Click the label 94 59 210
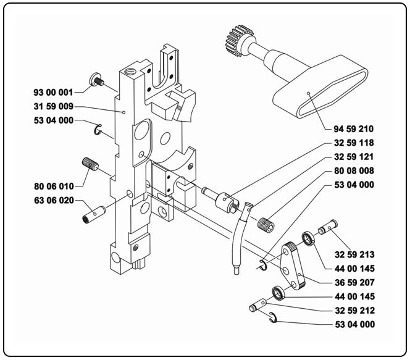(x=354, y=130)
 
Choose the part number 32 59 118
(x=354, y=143)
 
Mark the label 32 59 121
(x=354, y=157)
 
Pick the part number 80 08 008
(x=354, y=170)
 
